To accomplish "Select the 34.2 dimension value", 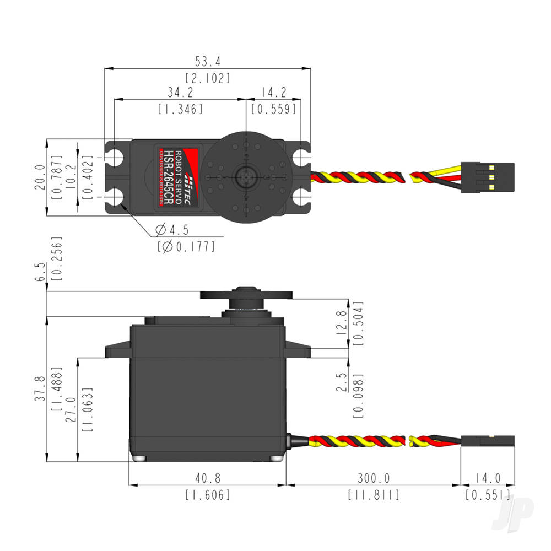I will [180, 91].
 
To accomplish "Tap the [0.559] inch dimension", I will [274, 109].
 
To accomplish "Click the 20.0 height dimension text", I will [39, 177].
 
